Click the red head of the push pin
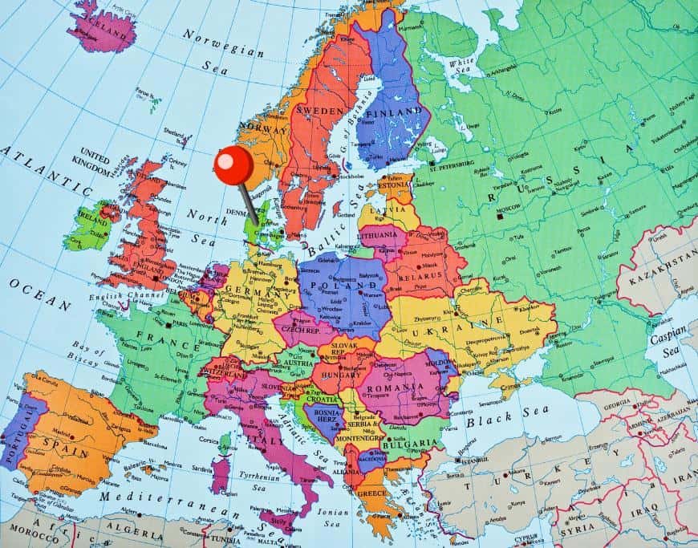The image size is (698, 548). tap(233, 165)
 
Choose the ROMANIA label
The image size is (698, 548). tap(396, 387)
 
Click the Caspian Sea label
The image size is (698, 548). tap(668, 341)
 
